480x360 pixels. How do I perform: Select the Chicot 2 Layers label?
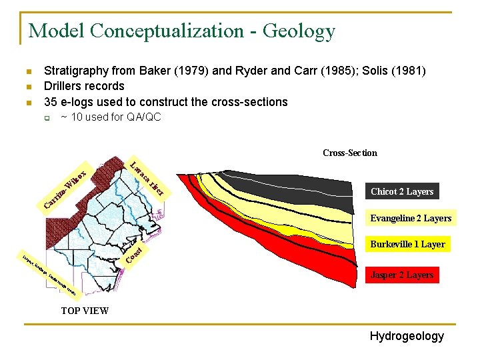coord(401,191)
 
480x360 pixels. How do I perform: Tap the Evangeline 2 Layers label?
coord(411,218)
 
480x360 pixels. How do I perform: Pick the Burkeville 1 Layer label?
coord(407,244)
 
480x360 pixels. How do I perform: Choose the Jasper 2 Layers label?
coord(401,275)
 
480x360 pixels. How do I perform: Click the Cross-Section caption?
coord(349,153)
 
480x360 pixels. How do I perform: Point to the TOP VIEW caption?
coord(85,311)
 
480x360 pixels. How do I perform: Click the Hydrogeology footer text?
coord(407,336)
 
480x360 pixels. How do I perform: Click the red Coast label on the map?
coord(134,254)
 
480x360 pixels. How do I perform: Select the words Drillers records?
coord(84,86)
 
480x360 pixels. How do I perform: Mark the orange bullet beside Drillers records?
coord(27,87)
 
